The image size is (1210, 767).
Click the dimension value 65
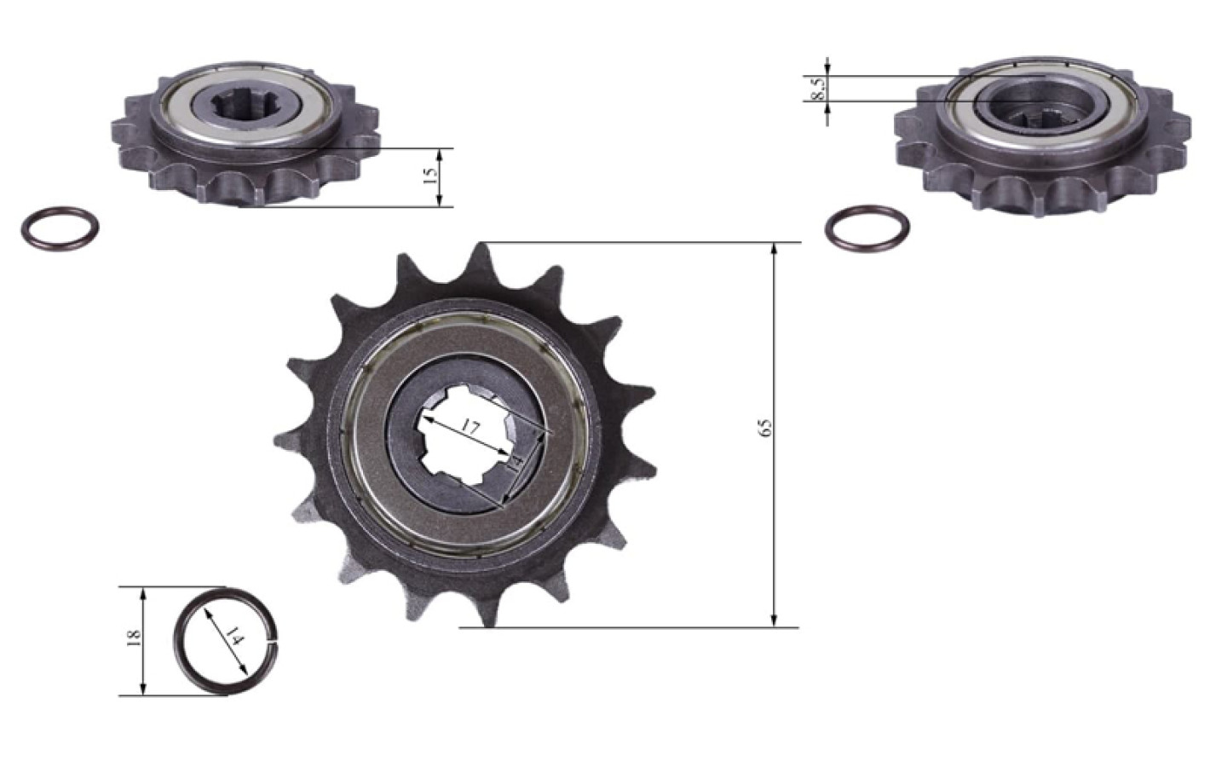click(765, 427)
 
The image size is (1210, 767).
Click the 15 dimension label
click(430, 176)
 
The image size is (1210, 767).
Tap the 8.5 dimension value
click(818, 89)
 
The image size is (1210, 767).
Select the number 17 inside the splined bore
click(470, 429)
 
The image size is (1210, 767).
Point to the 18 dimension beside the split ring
click(133, 639)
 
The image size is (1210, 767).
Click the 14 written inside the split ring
click(234, 637)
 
